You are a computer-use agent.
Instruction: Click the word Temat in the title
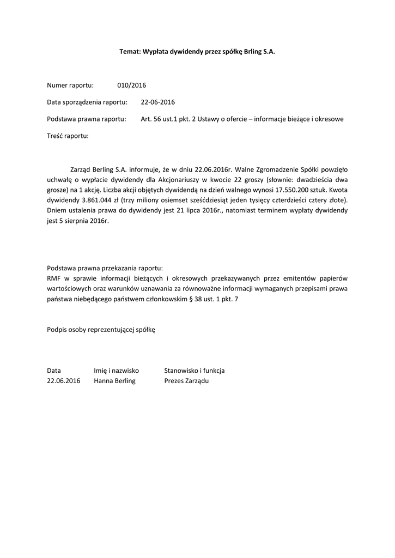(x=130, y=52)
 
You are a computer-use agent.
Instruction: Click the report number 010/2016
(x=132, y=85)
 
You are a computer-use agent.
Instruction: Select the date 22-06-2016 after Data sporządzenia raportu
(x=157, y=102)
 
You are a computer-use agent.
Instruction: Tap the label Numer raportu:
(x=70, y=85)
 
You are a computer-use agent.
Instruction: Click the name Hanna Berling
(x=114, y=381)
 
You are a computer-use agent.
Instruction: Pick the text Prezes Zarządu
(x=186, y=381)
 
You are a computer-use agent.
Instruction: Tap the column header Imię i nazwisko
(x=117, y=371)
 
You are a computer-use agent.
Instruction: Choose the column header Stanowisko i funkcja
(x=195, y=371)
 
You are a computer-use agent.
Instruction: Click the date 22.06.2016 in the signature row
(x=64, y=381)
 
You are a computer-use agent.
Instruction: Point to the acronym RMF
(x=54, y=278)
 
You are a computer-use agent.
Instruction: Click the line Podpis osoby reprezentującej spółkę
(x=101, y=329)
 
